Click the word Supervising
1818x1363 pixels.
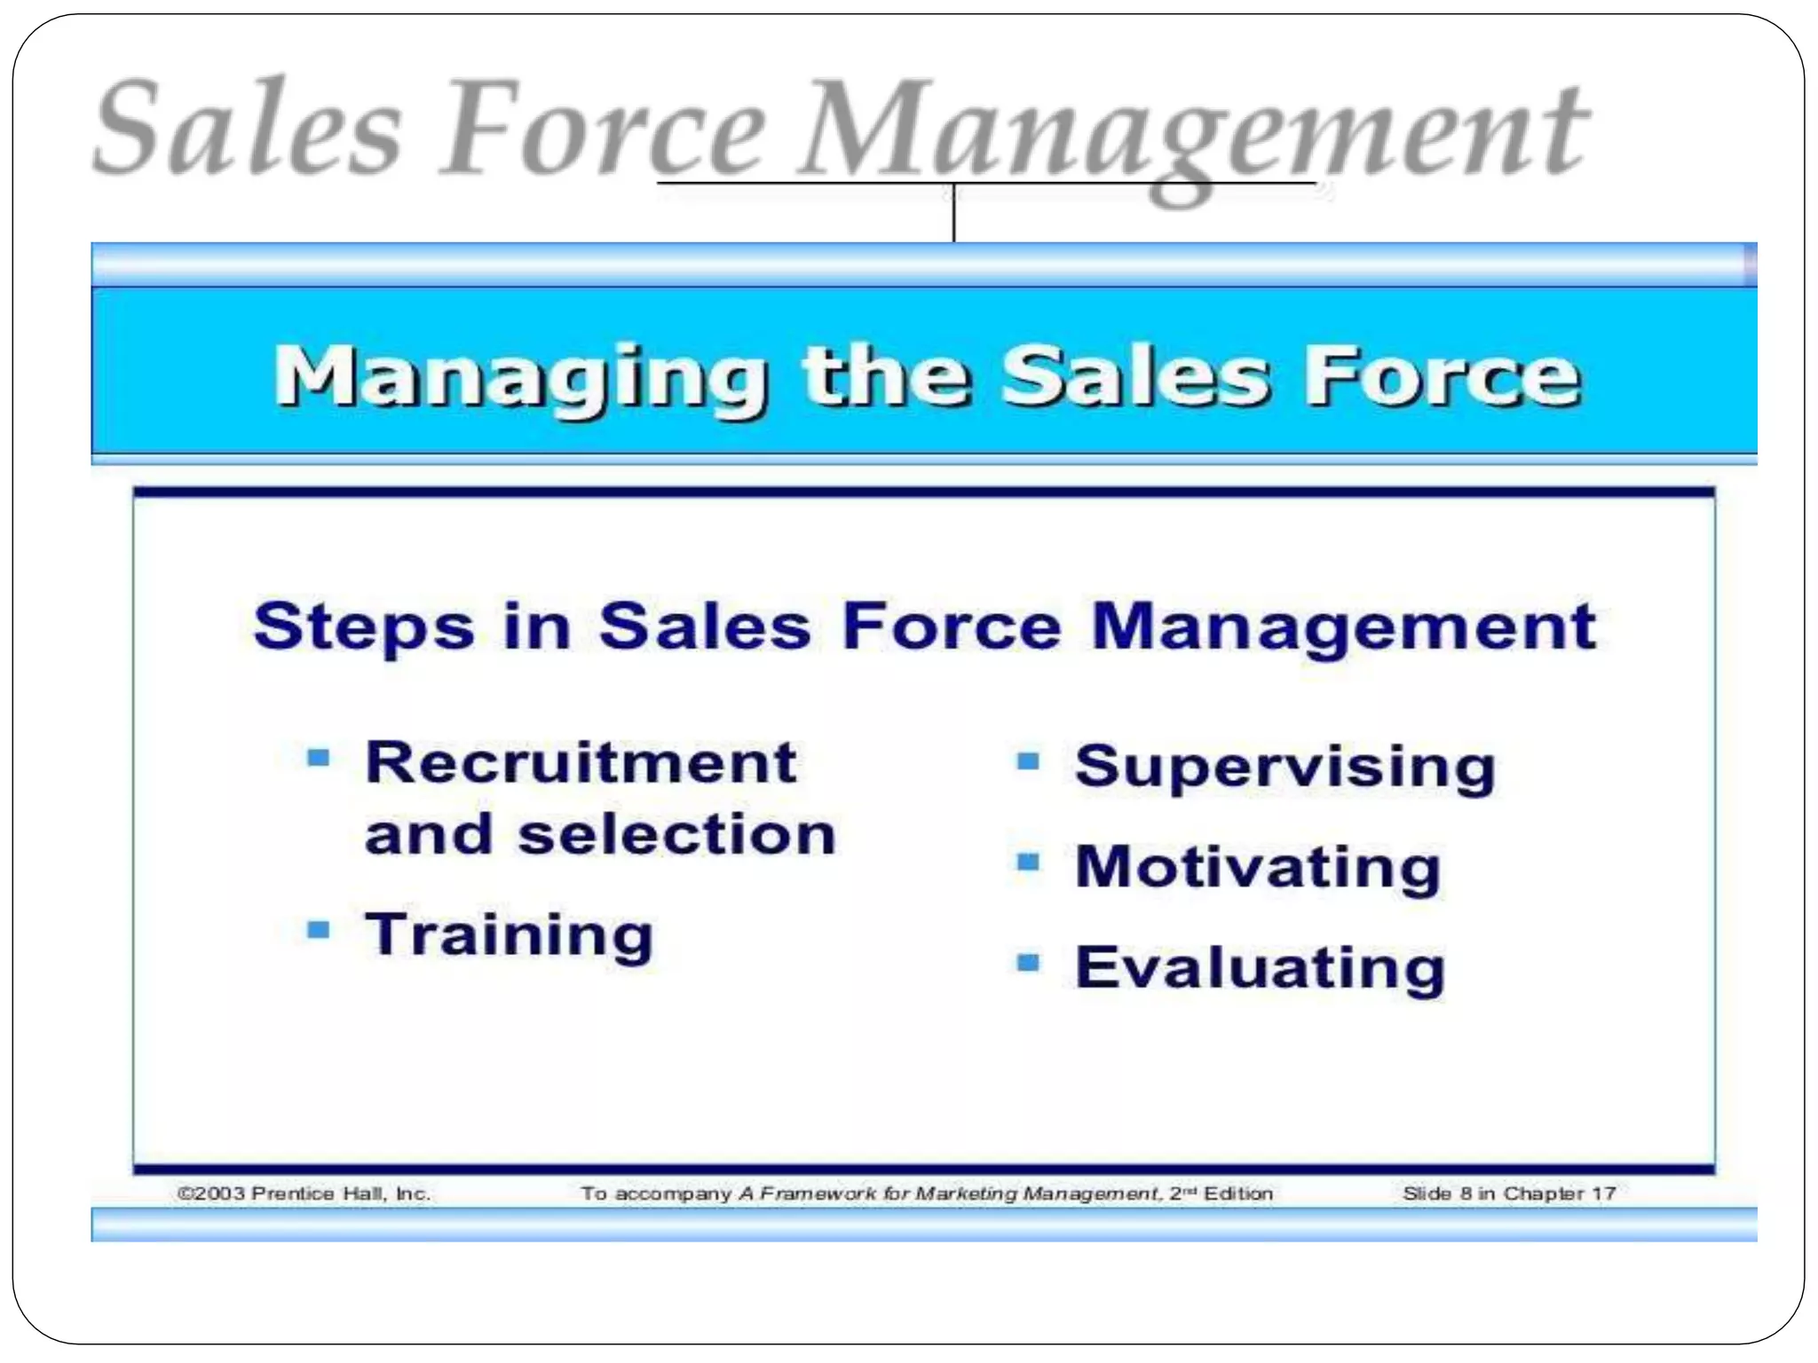point(1284,768)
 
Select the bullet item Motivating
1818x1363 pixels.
point(1257,867)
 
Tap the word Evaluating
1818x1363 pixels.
point(1260,967)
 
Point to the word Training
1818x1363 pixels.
point(509,936)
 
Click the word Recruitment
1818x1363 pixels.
point(581,763)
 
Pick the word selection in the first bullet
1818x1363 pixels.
point(676,835)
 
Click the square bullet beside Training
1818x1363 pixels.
point(318,930)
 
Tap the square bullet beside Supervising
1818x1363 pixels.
point(1027,761)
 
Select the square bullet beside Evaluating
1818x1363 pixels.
point(1027,962)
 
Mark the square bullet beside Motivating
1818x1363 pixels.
point(1027,862)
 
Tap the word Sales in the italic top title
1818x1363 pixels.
point(248,129)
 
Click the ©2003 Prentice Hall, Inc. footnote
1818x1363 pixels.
point(304,1194)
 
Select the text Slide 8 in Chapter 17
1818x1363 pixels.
point(1508,1194)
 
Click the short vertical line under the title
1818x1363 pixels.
point(953,213)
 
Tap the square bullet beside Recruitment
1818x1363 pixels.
point(318,758)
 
